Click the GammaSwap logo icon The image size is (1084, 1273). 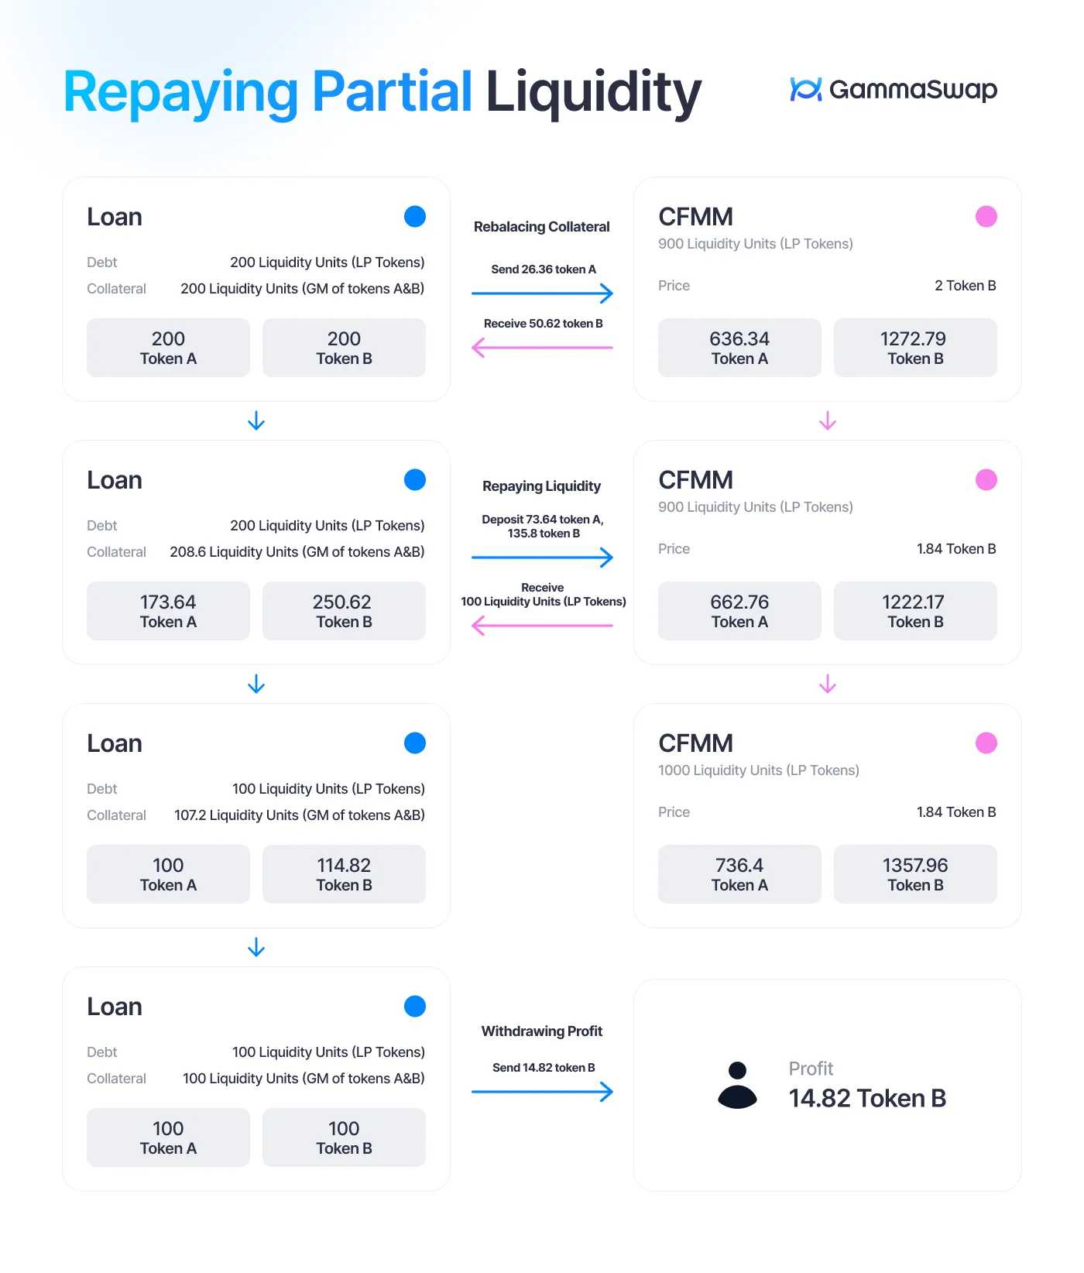tap(806, 89)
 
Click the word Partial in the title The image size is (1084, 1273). tap(392, 92)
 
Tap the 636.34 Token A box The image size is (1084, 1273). tap(739, 348)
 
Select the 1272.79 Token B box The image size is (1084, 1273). tap(915, 348)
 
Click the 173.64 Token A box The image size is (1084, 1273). tap(168, 611)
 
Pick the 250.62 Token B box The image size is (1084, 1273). tap(344, 611)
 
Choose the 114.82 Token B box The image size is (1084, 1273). tap(344, 874)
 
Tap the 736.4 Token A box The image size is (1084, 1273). tap(739, 874)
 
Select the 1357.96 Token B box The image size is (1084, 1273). tap(915, 874)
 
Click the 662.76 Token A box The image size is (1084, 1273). tap(739, 611)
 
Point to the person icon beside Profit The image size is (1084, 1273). tap(738, 1086)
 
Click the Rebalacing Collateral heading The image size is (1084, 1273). tap(542, 227)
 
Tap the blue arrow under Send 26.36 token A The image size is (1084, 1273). tap(542, 293)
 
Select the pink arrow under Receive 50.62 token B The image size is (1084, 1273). tap(542, 348)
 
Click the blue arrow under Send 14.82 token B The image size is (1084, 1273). tap(542, 1092)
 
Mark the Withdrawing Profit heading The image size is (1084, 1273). tap(542, 1031)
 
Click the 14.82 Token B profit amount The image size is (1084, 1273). tap(867, 1098)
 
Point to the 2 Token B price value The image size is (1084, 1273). tap(966, 286)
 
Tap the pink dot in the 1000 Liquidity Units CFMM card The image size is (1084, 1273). tap(986, 743)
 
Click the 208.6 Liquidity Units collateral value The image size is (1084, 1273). tap(297, 552)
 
